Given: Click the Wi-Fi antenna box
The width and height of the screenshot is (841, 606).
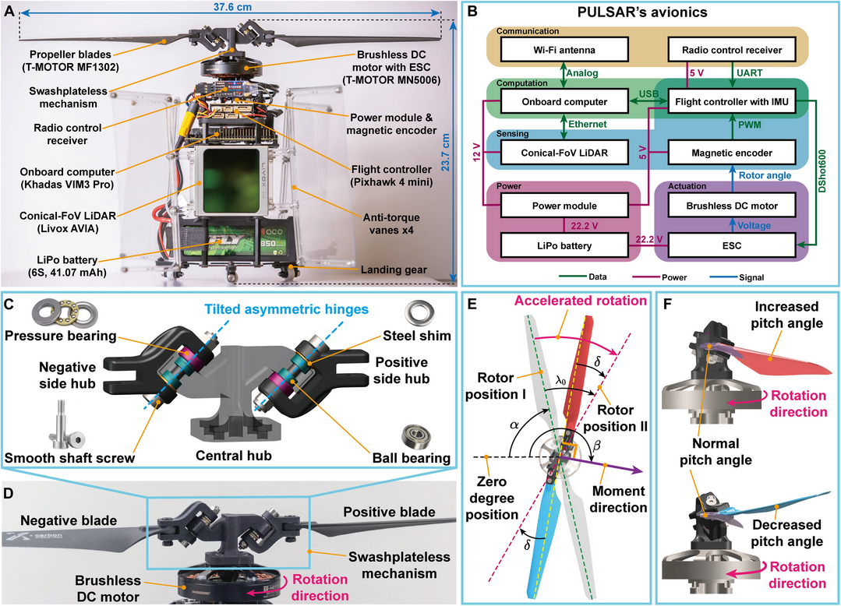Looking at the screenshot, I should [565, 50].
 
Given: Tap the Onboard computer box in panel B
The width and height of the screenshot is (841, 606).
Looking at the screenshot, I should [565, 101].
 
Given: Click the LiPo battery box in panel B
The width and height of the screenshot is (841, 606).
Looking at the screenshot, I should [565, 246].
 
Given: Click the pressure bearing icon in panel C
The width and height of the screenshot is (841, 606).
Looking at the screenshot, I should [36, 317].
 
